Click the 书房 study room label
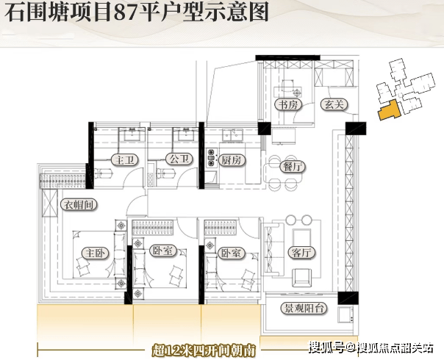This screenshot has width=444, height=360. pos(286,105)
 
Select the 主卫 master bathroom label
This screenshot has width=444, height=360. pos(122,159)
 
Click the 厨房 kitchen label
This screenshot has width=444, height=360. pos(232,159)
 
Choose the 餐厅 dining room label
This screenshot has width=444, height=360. pos(293,167)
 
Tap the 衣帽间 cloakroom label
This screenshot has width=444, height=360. pos(79,205)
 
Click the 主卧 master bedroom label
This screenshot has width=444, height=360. pos(96,253)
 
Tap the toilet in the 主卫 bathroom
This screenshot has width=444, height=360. pos(104,173)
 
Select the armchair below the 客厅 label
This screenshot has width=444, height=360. pos(302,277)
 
